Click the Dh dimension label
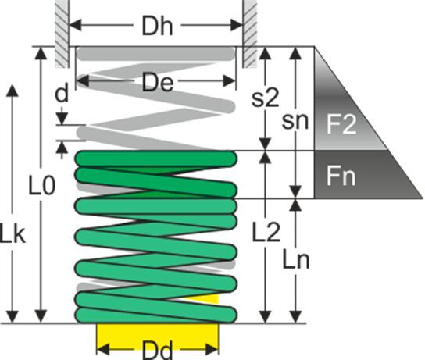pos(157,27)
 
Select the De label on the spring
pos(158,82)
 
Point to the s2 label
pos(265,98)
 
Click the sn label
pos(295,121)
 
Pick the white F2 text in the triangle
pos(341,124)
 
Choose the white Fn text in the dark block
pos(341,176)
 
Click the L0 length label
pos(42,186)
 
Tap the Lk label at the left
pos(12,233)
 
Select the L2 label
pos(266,233)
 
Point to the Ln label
pos(296,259)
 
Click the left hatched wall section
pos(62,34)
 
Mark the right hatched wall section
pos(250,34)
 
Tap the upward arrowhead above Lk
pos(12,91)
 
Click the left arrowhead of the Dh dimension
pos(75,25)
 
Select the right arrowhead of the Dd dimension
pos(212,349)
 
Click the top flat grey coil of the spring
pos(155,54)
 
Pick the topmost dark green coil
pos(155,159)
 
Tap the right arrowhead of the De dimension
pos(230,80)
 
